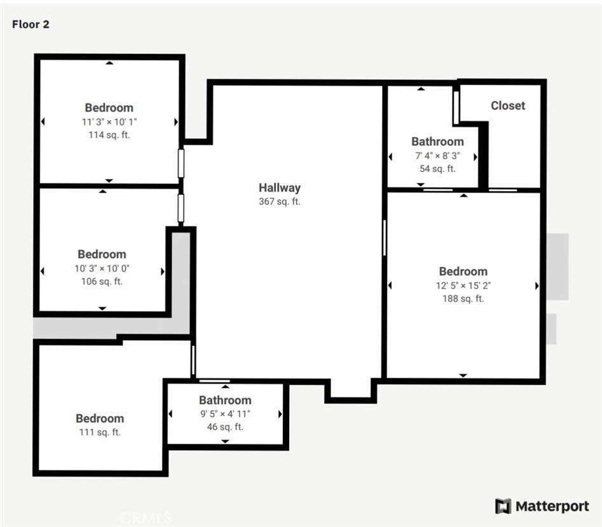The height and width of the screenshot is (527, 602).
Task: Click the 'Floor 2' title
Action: (x=31, y=24)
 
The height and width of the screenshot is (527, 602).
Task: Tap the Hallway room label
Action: (x=280, y=187)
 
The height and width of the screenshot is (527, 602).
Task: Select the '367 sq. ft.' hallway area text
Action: (x=280, y=201)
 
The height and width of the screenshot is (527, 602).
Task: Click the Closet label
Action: (x=508, y=105)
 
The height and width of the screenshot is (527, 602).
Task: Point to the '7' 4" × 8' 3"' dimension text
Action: (x=438, y=156)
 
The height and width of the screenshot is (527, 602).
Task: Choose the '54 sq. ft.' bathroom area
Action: (x=438, y=169)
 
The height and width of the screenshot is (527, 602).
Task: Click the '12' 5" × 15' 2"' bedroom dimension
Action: (x=463, y=286)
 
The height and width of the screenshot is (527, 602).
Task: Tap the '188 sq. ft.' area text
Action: (x=463, y=298)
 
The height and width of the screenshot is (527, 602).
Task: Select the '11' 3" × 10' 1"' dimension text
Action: (x=109, y=122)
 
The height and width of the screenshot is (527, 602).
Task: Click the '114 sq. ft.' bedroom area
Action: (x=109, y=135)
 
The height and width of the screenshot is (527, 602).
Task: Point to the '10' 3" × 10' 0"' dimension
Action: (x=102, y=269)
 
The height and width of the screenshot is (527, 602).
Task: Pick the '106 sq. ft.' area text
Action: (x=102, y=281)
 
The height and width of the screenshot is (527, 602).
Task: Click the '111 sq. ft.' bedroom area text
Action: (x=100, y=432)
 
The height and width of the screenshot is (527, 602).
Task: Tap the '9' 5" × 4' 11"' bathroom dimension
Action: (x=226, y=414)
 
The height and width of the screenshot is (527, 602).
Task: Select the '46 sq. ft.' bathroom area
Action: (x=226, y=427)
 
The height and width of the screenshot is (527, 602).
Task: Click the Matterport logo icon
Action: (x=503, y=506)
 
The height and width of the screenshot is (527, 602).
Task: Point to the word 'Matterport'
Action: (x=552, y=506)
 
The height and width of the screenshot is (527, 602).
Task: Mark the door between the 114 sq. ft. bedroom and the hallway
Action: (x=181, y=163)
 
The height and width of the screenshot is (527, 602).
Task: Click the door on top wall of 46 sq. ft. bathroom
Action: (x=215, y=381)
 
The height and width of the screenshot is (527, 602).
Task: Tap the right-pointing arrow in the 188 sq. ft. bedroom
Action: (x=537, y=286)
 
